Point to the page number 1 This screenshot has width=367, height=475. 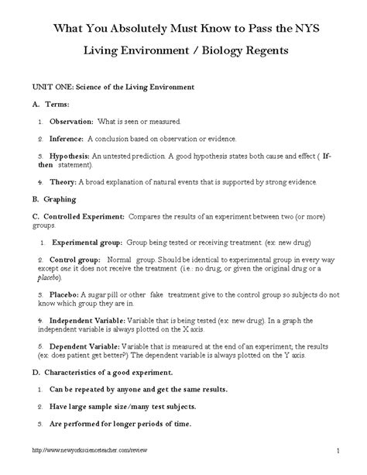[x=338, y=450]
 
